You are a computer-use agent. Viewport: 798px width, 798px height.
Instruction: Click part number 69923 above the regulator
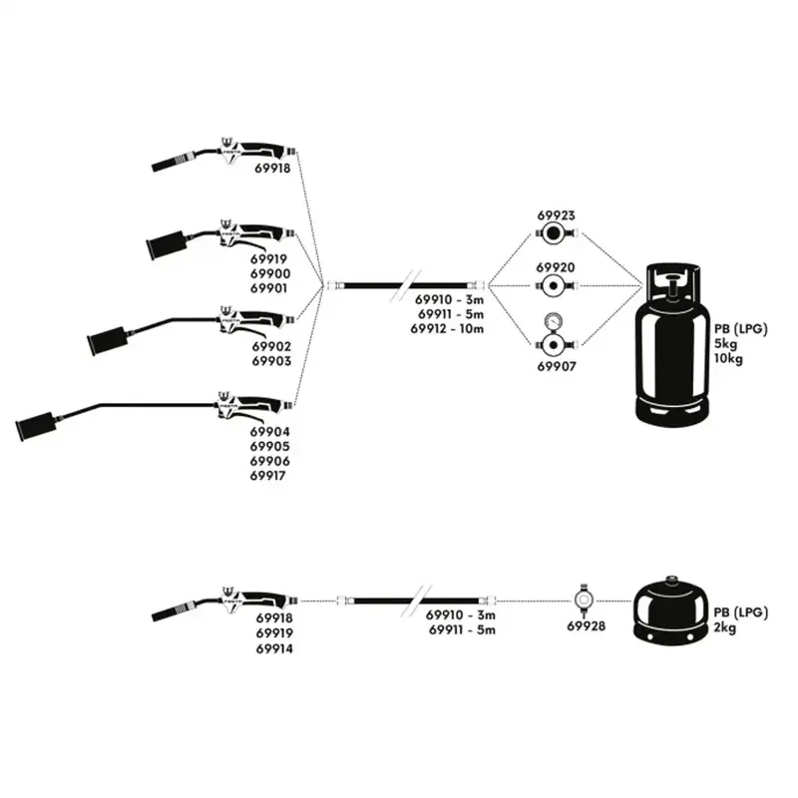coord(556,215)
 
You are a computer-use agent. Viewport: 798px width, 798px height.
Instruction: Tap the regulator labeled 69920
coord(556,286)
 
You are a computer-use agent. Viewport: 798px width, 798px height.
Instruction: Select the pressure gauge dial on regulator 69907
coord(554,321)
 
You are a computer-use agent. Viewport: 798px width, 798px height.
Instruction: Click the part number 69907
coord(557,366)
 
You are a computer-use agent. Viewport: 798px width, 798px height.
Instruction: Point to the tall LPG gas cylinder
coord(671,344)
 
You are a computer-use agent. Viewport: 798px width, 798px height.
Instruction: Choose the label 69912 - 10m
coord(447,329)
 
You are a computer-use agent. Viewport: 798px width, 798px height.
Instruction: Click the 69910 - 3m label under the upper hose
coord(449,299)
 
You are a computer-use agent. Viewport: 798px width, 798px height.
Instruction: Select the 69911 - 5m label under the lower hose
coord(462,630)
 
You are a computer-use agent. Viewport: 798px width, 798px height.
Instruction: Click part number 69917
coord(267,476)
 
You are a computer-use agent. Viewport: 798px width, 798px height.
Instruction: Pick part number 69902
coord(271,346)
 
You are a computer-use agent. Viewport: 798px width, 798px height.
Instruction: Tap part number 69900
coord(270,273)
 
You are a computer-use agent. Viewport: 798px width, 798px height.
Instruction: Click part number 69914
coord(274,649)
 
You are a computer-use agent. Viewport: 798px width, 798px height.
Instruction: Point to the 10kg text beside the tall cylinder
coord(728,359)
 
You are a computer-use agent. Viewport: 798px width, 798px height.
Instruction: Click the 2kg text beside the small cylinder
coord(725,628)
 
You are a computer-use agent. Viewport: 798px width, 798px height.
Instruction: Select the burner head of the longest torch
coord(36,425)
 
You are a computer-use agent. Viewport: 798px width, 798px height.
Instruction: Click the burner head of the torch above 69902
coord(108,339)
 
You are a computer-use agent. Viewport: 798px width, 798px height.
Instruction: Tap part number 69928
coord(587,626)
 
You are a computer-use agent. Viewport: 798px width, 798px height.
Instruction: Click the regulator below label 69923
coord(555,233)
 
